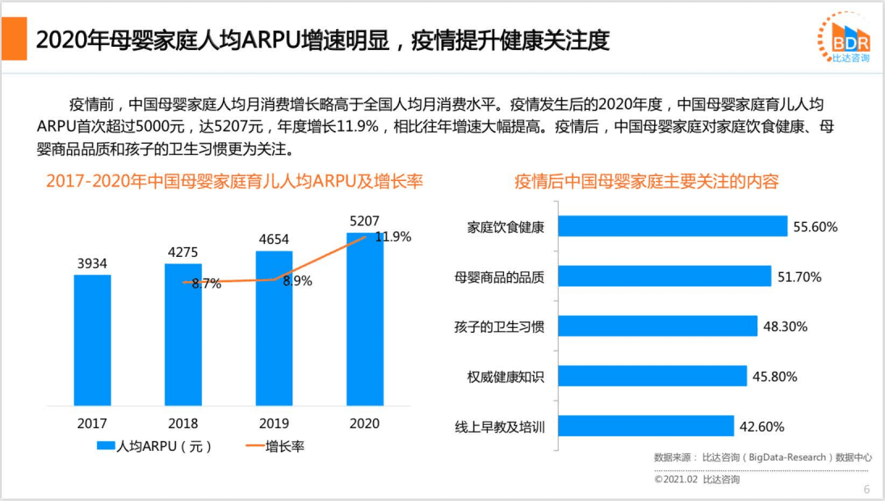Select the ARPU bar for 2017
92,339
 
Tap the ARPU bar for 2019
274,327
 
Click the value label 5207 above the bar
365,221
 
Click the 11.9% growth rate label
394,237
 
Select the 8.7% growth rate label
207,284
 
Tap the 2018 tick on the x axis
183,423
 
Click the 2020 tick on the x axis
365,423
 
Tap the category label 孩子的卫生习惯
499,326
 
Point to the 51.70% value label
799,277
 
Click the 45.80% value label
774,377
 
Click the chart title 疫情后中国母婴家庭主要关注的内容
646,181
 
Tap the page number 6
866,489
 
